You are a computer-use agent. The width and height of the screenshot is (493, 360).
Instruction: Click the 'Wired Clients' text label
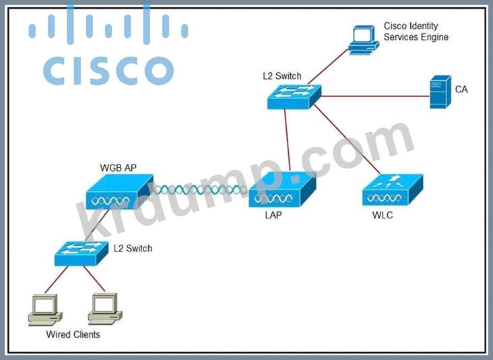(73, 334)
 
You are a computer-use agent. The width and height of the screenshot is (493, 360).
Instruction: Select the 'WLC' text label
(383, 216)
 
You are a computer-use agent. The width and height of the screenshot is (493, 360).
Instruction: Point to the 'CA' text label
(461, 89)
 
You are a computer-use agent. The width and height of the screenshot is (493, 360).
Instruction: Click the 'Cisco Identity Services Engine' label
(416, 32)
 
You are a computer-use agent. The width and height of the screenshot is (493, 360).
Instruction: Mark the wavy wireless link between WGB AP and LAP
(201, 191)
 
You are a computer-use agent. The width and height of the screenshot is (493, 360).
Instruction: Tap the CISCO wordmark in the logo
(108, 70)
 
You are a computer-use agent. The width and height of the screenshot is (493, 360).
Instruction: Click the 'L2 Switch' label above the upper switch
(282, 76)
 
